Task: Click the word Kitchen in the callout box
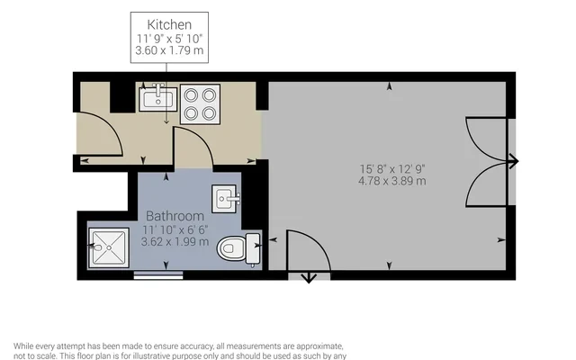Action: pyautogui.click(x=170, y=23)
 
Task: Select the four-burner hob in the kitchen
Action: pyautogui.click(x=199, y=103)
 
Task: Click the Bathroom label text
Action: pyautogui.click(x=175, y=217)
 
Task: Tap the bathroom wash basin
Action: pyautogui.click(x=226, y=196)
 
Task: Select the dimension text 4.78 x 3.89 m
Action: pyautogui.click(x=391, y=181)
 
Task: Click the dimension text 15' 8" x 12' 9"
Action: pyautogui.click(x=391, y=168)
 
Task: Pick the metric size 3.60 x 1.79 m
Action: pyautogui.click(x=170, y=51)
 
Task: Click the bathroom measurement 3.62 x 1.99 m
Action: pyautogui.click(x=175, y=241)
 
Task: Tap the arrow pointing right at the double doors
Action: pyautogui.click(x=513, y=162)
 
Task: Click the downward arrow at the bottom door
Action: pyautogui.click(x=309, y=277)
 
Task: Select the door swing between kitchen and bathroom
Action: pyautogui.click(x=192, y=147)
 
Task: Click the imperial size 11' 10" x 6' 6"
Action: pyautogui.click(x=175, y=229)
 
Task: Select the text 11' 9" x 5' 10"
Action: pyautogui.click(x=170, y=38)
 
